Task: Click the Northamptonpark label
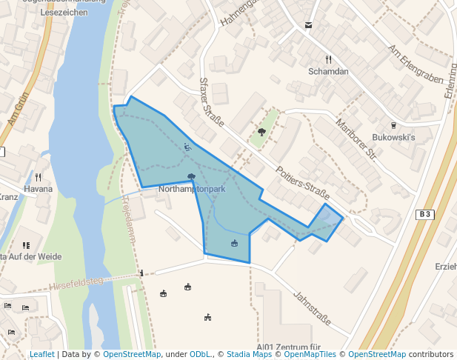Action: click(x=192, y=190)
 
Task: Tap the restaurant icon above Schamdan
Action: click(x=328, y=59)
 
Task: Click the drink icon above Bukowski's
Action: click(x=393, y=126)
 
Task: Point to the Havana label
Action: click(x=38, y=189)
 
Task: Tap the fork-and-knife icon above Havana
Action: click(x=38, y=177)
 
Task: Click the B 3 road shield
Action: click(x=424, y=215)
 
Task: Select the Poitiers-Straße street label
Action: click(x=301, y=182)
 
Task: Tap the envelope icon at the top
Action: click(x=308, y=25)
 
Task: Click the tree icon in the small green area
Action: click(x=261, y=133)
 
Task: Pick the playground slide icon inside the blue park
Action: click(x=187, y=147)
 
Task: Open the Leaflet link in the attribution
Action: click(x=41, y=355)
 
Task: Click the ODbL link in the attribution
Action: click(x=201, y=355)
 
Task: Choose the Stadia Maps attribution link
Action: click(x=249, y=355)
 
